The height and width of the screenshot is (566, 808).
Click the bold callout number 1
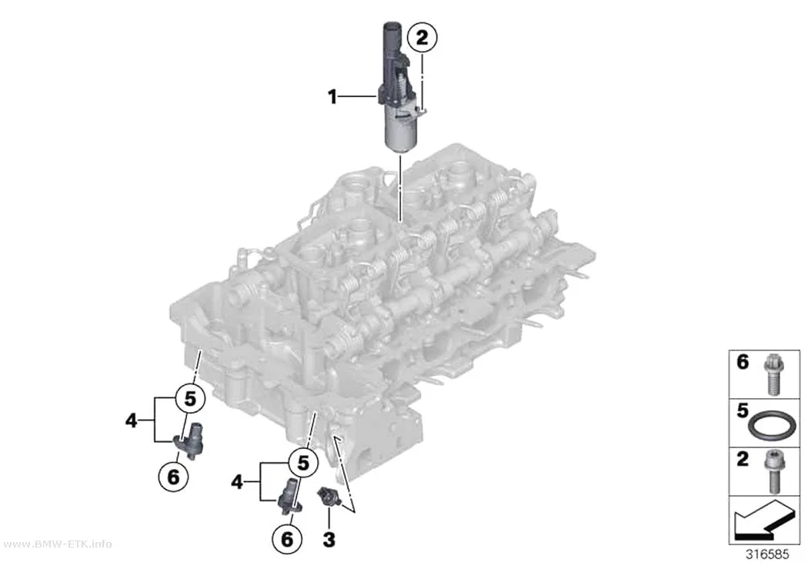pos(332,96)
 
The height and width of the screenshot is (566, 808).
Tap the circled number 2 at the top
pos(422,38)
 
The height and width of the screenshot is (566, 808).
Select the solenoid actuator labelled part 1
pos(399,86)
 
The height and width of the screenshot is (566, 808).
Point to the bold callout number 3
pos(329,540)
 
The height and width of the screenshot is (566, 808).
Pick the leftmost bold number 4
pos(132,421)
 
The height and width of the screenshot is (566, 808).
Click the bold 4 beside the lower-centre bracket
pos(236,483)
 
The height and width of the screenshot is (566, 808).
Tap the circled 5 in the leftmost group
pos(190,399)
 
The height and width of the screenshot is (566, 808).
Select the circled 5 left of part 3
pos(303,464)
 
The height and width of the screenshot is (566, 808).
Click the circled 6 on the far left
pos(173,477)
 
